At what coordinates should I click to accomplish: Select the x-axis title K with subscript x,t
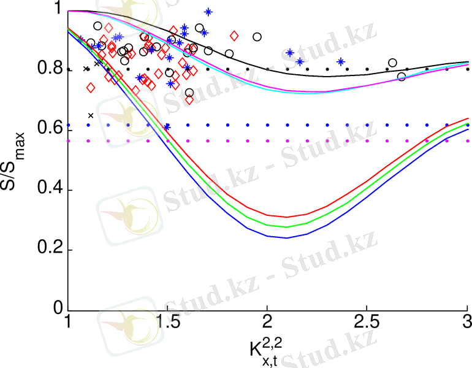(265, 349)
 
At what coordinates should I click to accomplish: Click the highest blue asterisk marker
(208, 12)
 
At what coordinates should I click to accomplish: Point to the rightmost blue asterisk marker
(341, 61)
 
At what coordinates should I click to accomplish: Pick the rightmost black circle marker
(402, 77)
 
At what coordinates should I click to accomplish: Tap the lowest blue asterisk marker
(167, 126)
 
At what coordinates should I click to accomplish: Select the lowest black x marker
(91, 115)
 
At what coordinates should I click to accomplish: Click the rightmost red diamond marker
(234, 36)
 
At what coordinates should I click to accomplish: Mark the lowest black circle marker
(189, 93)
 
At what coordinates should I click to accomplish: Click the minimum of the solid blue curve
(287, 238)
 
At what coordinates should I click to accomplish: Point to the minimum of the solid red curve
(287, 217)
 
